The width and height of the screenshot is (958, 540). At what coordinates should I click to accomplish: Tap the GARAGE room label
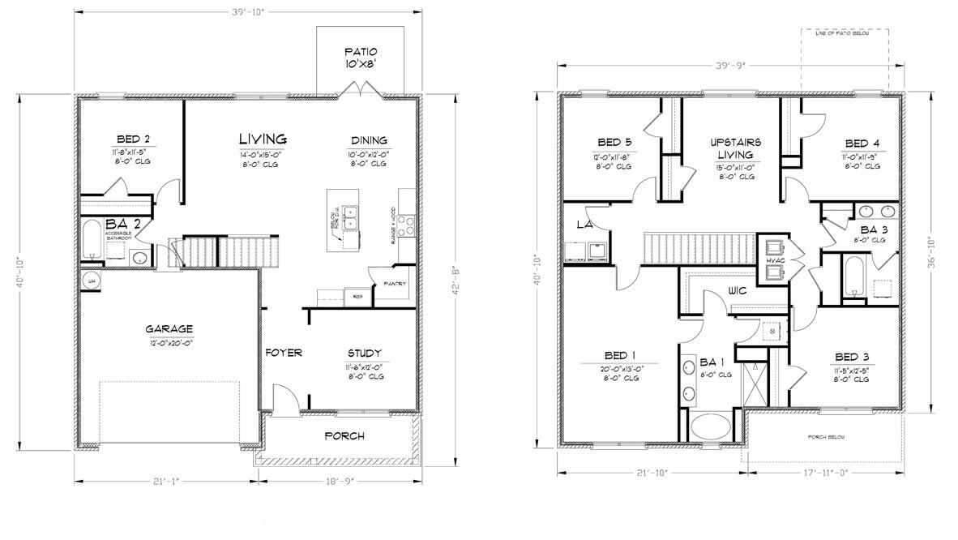pos(169,329)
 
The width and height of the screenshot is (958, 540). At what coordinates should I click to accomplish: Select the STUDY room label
pos(364,353)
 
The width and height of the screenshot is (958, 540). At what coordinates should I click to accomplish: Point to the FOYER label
pos(284,353)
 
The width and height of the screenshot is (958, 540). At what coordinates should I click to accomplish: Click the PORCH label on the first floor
pos(344,436)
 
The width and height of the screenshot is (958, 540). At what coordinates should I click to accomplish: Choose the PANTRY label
pos(395,284)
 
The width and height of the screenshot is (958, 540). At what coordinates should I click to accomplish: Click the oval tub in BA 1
pos(710,426)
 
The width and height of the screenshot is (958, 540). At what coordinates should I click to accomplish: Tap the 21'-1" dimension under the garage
pos(168,481)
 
